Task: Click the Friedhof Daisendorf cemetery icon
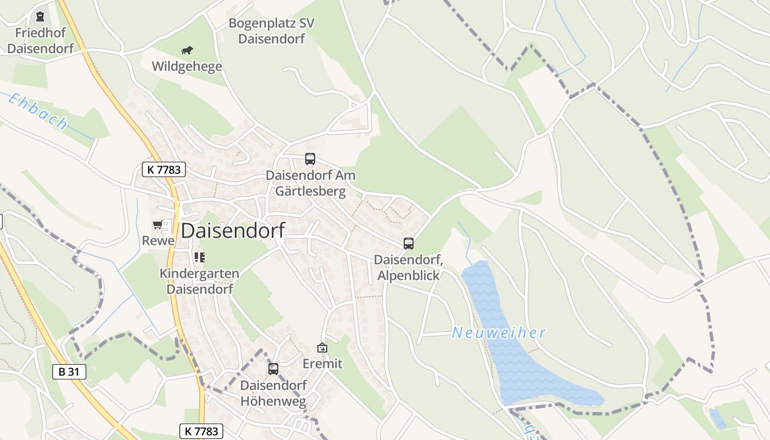tap(40, 16)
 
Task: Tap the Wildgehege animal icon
tap(187, 51)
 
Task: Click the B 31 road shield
tap(69, 372)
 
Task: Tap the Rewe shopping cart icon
tap(158, 224)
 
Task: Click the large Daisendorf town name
tap(233, 230)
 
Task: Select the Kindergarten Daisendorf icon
tap(199, 257)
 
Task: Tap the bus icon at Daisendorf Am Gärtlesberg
tap(310, 159)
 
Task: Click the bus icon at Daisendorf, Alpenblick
tap(408, 243)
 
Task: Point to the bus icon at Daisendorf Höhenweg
tap(273, 369)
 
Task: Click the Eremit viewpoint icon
tap(322, 348)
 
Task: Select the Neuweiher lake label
tap(499, 333)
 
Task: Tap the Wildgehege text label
tap(187, 67)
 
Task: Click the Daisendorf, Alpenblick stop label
tap(409, 267)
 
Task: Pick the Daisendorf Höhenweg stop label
tap(273, 393)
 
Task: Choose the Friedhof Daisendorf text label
tap(40, 40)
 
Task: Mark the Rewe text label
tap(158, 240)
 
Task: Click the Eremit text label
tap(322, 364)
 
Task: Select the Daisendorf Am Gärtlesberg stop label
tap(311, 183)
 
